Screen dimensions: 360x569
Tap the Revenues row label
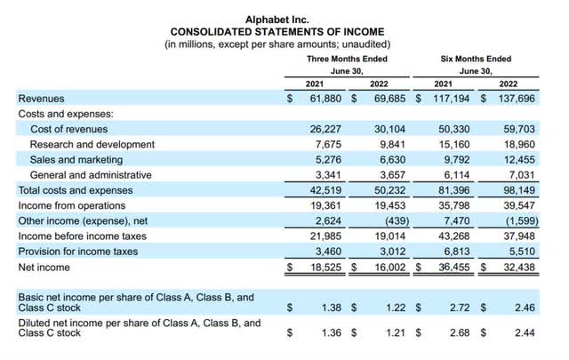coord(41,99)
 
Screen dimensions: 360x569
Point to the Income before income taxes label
coord(78,236)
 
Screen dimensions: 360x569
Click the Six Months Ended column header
coord(476,59)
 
